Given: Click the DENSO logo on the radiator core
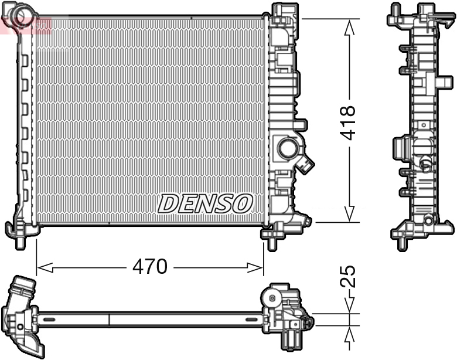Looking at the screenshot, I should coord(205,203).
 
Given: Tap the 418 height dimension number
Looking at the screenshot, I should coord(348,123).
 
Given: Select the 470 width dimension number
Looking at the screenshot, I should coord(150,267).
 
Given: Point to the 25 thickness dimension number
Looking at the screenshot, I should coord(348,276).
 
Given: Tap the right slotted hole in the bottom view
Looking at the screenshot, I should coord(253,320).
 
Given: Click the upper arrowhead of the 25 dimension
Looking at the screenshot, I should coord(350,305).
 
